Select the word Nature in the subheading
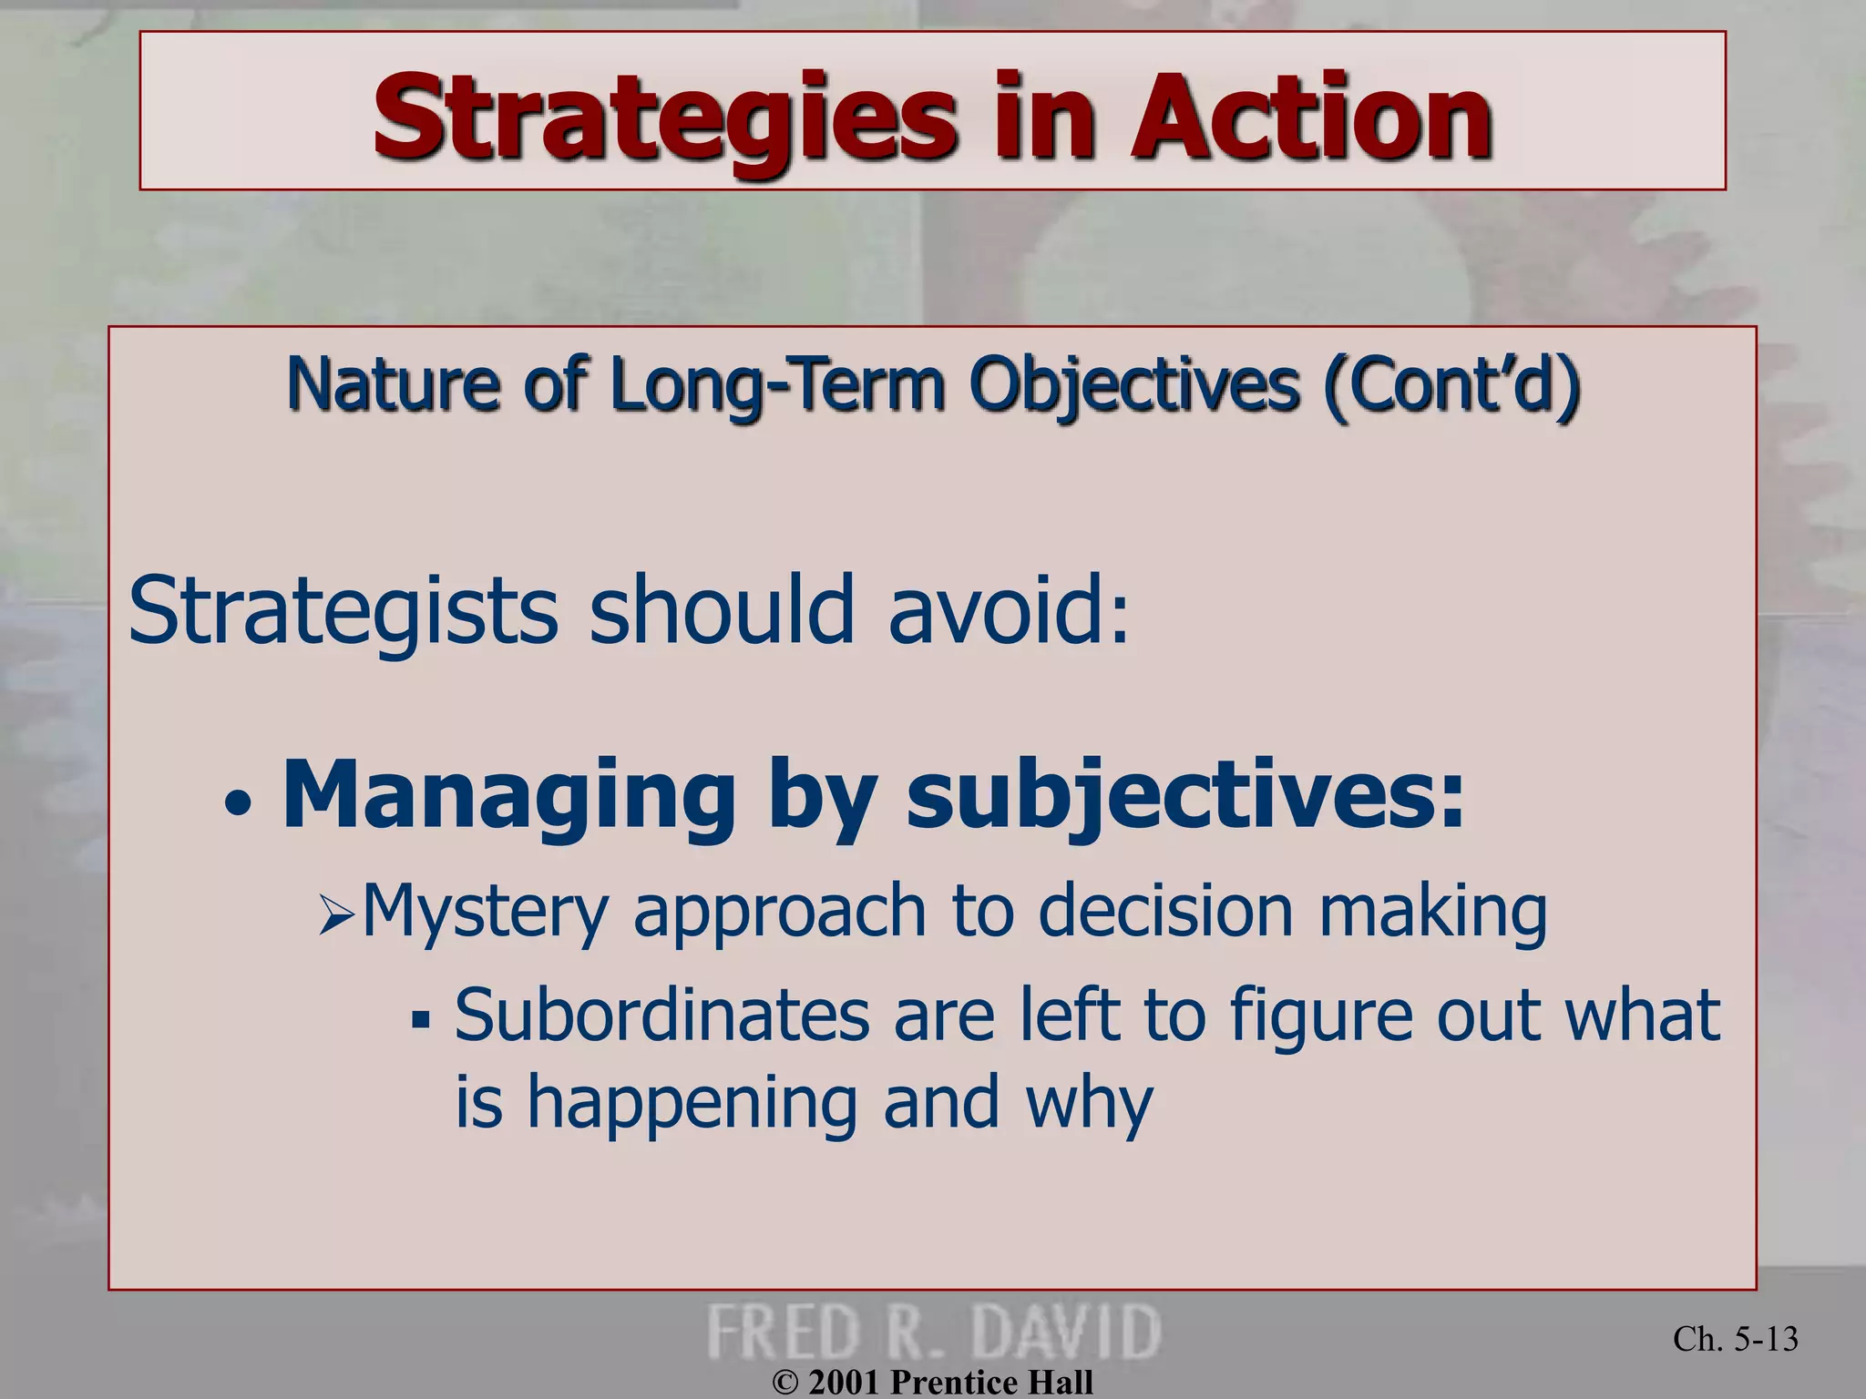coord(392,384)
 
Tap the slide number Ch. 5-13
coord(1735,1339)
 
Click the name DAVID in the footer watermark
coord(1066,1332)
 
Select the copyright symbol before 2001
coord(784,1383)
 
